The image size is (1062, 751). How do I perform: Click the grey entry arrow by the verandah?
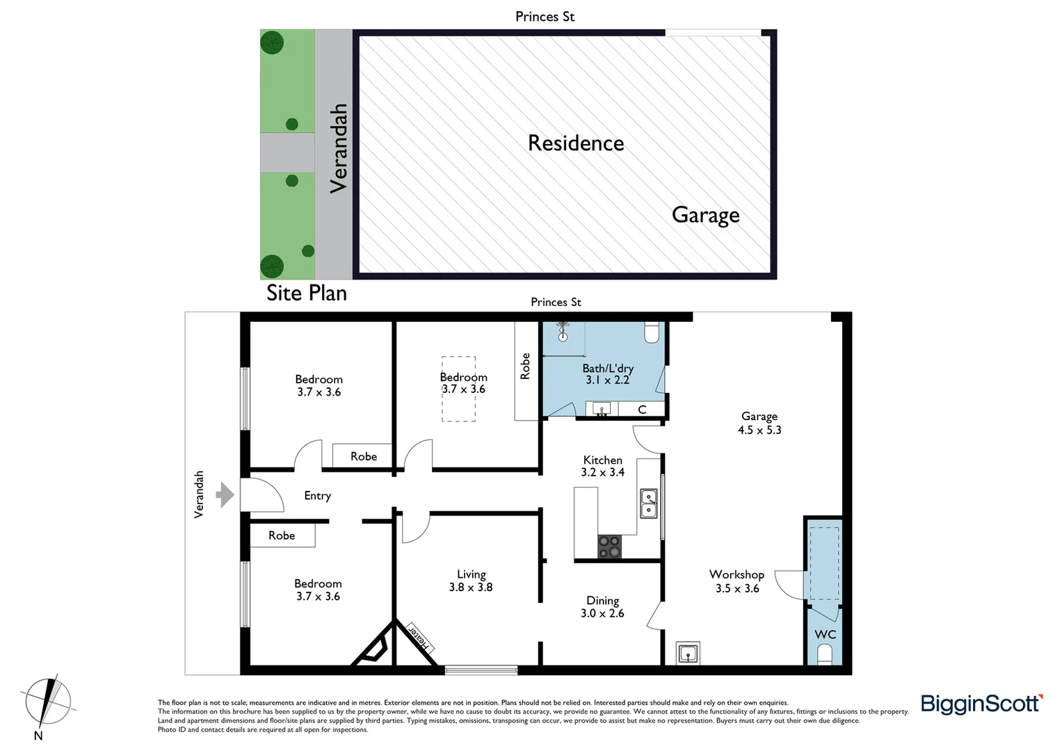coord(225,495)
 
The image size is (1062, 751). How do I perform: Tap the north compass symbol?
coord(46,702)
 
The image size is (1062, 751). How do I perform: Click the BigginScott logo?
coord(981,704)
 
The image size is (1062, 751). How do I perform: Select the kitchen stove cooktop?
coord(609,547)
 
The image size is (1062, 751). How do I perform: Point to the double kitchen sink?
coord(648,503)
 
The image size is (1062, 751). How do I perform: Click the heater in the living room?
coord(419,638)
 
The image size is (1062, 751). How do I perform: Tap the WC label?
coord(825,634)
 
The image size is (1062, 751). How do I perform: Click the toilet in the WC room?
coord(825,654)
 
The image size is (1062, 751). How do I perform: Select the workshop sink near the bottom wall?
coord(688,654)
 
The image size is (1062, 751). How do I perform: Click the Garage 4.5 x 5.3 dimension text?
coord(759,423)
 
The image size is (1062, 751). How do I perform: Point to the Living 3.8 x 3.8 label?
coord(471,581)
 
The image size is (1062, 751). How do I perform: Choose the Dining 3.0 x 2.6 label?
coord(602,606)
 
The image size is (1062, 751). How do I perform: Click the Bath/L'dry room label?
coord(607,374)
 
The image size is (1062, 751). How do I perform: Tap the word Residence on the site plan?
coord(576,143)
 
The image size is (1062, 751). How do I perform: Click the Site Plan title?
coord(307,293)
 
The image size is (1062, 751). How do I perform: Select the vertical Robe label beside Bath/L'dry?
coord(526,366)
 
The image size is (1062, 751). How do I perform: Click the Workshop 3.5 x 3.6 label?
coord(737,581)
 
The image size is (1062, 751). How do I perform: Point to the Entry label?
coord(317,496)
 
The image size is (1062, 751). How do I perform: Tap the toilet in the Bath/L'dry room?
coord(652,332)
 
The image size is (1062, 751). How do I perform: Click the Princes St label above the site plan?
coord(545,17)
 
